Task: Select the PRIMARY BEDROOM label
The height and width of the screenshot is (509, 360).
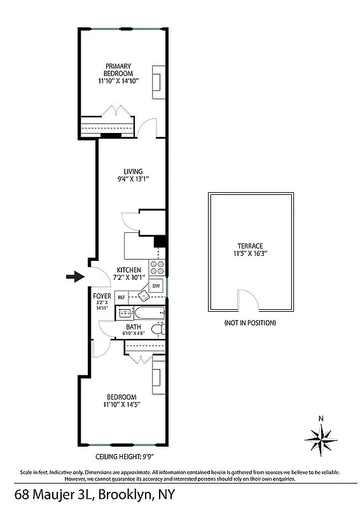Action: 120,69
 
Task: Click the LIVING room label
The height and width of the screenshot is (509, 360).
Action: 133,171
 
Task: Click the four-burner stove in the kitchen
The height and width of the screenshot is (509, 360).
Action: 156,267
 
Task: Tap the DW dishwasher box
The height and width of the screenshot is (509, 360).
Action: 156,286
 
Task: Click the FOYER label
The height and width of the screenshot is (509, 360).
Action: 102,296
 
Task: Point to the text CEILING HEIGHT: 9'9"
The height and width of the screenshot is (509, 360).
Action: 124,456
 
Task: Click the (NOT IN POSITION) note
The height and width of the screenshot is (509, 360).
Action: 250,323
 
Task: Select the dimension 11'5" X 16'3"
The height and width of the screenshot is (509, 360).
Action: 250,253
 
